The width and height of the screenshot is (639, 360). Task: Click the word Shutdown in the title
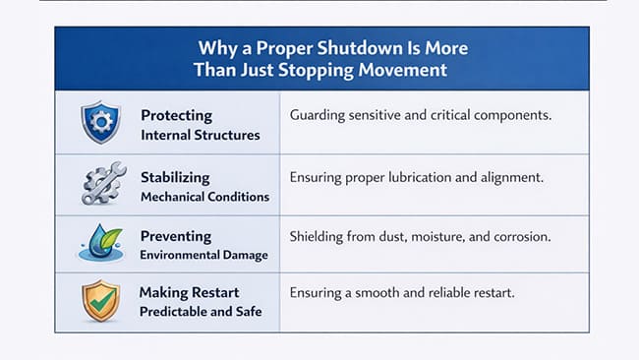tap(335, 47)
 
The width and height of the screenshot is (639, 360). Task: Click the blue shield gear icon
tap(99, 123)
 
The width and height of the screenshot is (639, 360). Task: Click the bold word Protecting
tap(176, 116)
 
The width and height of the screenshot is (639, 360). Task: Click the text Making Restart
tap(189, 292)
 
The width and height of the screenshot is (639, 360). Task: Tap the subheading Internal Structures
tap(201, 135)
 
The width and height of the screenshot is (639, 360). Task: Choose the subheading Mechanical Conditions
tap(204, 196)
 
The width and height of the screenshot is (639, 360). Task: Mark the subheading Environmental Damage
tap(203, 257)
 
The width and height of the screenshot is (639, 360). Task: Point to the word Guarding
tap(317, 116)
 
